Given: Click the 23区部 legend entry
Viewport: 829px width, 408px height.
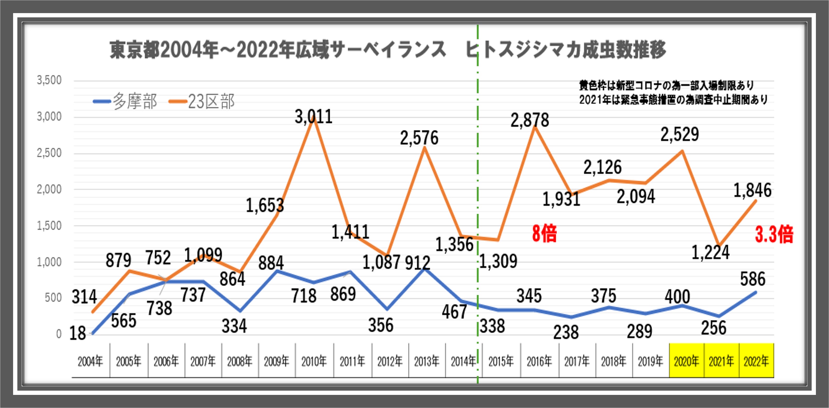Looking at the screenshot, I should tap(202, 101).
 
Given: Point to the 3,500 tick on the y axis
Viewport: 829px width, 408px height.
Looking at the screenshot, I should tap(49, 80).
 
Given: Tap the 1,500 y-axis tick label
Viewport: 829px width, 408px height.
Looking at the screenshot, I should tap(49, 226).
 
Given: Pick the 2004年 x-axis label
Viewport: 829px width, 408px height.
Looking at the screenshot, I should tap(90, 362).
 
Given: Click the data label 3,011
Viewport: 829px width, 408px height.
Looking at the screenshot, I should tap(313, 117).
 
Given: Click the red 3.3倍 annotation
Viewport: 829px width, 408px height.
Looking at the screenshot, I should tap(774, 235).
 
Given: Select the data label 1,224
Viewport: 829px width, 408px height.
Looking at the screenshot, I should tap(711, 252).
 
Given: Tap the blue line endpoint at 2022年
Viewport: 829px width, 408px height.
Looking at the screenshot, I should tap(756, 292).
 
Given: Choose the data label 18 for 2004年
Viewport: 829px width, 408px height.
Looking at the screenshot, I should tap(78, 333).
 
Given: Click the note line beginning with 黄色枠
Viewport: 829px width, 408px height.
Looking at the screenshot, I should tap(666, 85).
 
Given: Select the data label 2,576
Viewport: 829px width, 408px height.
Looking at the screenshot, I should tap(419, 138).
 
